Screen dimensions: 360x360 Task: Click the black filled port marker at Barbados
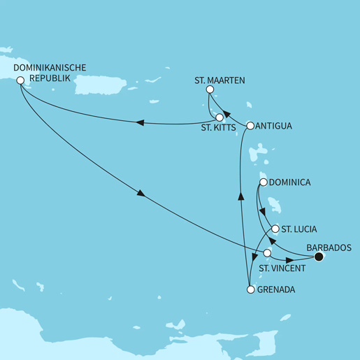coord(319,258)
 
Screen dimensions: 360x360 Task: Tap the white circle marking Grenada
coord(250,289)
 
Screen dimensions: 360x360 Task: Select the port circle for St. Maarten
coord(210,90)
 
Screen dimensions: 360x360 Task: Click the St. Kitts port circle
coord(219,117)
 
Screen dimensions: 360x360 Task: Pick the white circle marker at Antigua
coord(250,126)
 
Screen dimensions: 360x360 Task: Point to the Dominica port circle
coord(263,182)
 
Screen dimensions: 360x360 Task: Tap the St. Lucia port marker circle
coord(275,229)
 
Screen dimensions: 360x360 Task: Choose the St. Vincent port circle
coord(266,253)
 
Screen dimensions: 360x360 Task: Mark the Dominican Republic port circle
coord(20,80)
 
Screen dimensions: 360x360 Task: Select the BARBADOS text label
coord(329,247)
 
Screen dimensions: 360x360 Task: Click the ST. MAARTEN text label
coord(219,80)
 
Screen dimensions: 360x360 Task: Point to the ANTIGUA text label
coord(274,127)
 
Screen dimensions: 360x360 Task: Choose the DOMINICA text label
coord(289,183)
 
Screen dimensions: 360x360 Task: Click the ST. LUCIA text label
coord(298,229)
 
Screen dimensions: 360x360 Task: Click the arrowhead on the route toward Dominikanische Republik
coord(140,124)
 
